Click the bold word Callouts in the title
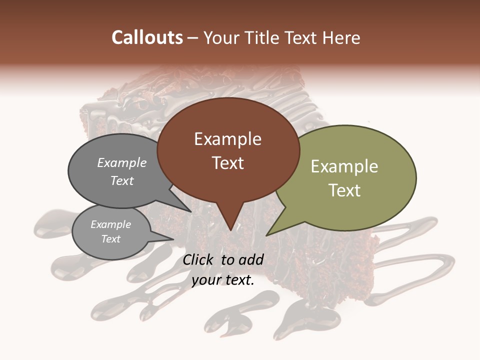(x=147, y=38)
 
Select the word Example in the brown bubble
(x=227, y=139)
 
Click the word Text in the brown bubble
(x=227, y=163)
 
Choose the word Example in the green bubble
(x=344, y=166)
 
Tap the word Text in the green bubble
(x=344, y=190)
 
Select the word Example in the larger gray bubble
(x=121, y=163)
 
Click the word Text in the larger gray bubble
(x=121, y=180)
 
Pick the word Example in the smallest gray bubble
(x=110, y=224)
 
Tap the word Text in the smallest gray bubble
(x=110, y=239)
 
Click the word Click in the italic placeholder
(x=199, y=259)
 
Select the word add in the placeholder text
(x=251, y=259)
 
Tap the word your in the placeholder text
(x=205, y=280)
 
